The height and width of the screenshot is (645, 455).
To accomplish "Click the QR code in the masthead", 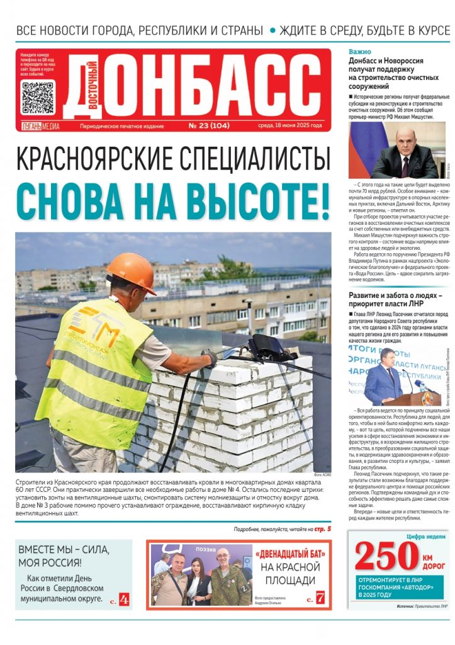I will (x=38, y=98).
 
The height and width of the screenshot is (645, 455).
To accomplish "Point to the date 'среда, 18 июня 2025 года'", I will (x=291, y=125).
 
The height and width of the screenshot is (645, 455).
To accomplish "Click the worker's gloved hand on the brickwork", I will (x=209, y=358).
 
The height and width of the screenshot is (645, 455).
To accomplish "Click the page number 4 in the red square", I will (x=123, y=599).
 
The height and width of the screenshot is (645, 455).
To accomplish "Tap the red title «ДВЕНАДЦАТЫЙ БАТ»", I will (x=290, y=555).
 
